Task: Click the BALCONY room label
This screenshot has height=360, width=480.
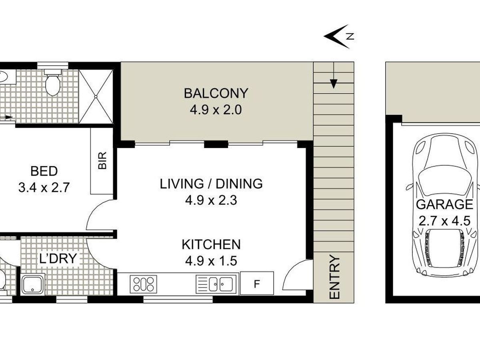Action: point(216,93)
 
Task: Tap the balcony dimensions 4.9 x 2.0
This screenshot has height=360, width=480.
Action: point(216,110)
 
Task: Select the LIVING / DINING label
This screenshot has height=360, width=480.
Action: point(211,184)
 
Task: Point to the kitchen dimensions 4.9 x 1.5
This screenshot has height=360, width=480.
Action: point(211,261)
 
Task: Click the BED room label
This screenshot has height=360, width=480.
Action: point(44,171)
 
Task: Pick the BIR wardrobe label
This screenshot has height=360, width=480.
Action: point(102,161)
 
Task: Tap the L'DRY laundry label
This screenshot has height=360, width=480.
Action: point(58,258)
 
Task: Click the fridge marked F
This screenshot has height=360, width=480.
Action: point(257,283)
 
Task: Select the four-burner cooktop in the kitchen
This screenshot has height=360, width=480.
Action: point(144,284)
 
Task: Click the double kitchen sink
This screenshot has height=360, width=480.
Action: point(216,284)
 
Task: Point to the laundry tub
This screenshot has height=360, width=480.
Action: point(33,284)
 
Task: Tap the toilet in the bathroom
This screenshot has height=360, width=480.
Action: point(52,82)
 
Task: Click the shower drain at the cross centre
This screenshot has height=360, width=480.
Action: point(96,96)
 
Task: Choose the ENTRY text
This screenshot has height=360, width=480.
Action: point(334,277)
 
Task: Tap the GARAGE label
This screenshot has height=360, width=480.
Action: point(444,204)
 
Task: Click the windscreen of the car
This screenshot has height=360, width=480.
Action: point(444,181)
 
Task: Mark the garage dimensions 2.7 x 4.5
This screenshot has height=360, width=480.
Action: point(444,221)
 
